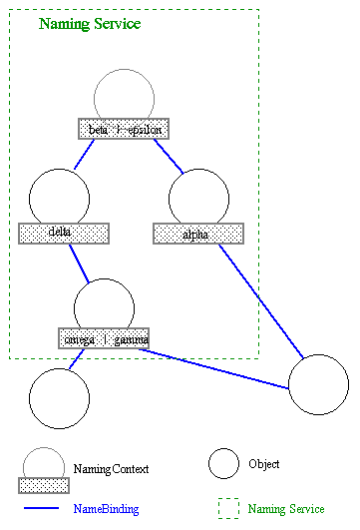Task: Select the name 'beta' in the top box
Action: coord(99,129)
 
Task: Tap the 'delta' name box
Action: coord(63,234)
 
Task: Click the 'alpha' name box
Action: coord(197,234)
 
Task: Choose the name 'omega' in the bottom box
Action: coord(80,338)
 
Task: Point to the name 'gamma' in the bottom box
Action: coord(130,338)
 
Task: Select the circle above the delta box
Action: coord(59,200)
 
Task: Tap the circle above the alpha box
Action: coord(198,200)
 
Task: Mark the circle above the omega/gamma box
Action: coord(104,304)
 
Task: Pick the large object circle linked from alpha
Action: coord(318,384)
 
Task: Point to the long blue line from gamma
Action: coord(219,364)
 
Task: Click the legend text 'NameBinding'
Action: coord(106,509)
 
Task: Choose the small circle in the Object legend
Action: coord(223,464)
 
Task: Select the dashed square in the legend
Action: coord(228,508)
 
